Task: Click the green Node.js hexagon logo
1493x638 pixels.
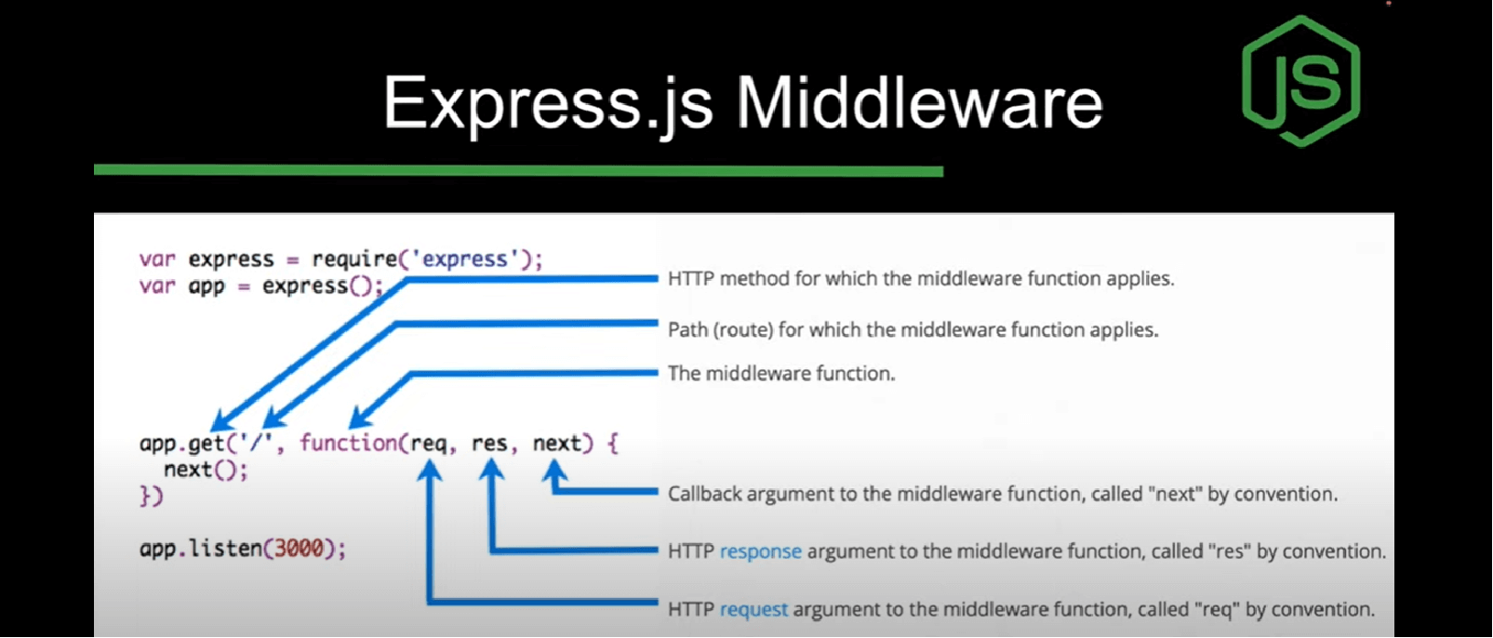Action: tap(1300, 81)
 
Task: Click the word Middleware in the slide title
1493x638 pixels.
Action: tap(919, 102)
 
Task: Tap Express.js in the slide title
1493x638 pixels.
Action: tap(548, 102)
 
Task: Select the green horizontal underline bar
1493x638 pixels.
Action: tap(518, 170)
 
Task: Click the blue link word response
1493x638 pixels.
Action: tap(760, 552)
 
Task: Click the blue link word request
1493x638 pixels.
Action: tap(753, 610)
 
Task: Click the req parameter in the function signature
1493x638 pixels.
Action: tap(428, 444)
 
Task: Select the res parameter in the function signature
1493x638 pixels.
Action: tap(489, 444)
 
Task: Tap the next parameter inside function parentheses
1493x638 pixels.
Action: tap(556, 444)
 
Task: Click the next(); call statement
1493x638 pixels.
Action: tap(206, 470)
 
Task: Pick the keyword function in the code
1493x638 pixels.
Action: tap(348, 444)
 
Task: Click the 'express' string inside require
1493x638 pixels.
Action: tap(465, 259)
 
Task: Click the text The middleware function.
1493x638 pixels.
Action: tap(780, 374)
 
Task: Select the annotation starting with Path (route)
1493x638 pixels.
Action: tap(913, 330)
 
